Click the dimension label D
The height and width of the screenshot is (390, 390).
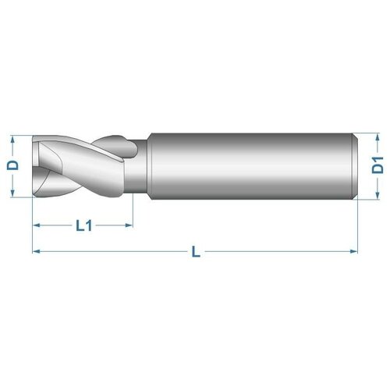pos(11,166)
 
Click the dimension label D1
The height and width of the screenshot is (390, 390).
pos(377,165)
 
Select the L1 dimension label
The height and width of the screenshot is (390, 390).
pos(84,225)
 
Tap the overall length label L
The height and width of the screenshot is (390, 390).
pos(196,251)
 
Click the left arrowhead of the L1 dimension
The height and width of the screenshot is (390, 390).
pos(36,226)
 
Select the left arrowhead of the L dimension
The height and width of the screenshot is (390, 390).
pos(36,251)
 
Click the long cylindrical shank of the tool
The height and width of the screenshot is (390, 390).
pos(250,166)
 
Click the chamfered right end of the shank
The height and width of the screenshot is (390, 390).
pos(356,166)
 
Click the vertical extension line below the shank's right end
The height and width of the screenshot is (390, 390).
pos(358,226)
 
